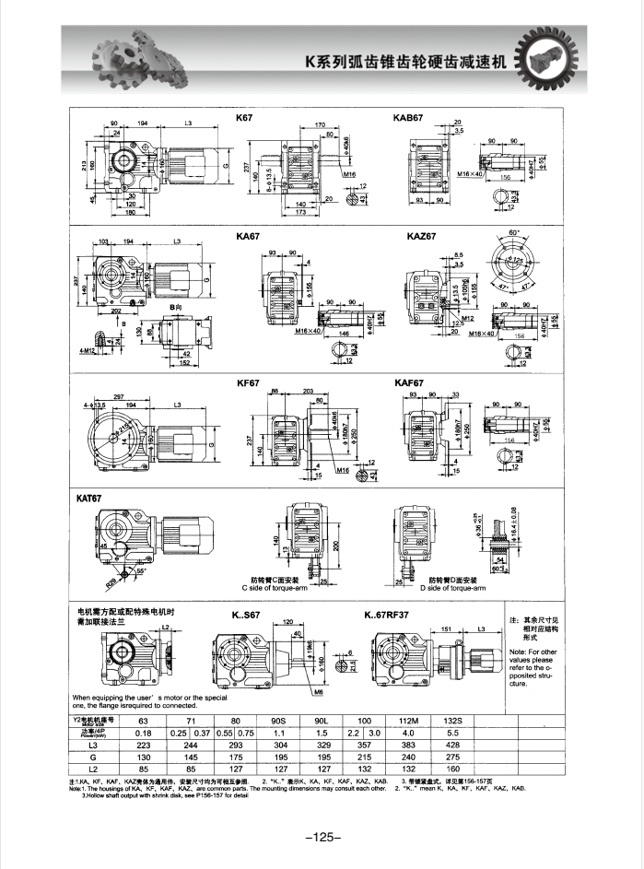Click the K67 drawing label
pos(244,118)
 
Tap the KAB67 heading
pos(408,118)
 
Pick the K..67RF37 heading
pos(392,615)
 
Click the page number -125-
pos(322,837)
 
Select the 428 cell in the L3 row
pos(451,744)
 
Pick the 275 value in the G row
pos(451,756)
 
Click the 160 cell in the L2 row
pos(451,768)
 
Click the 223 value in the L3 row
pos(142,744)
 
